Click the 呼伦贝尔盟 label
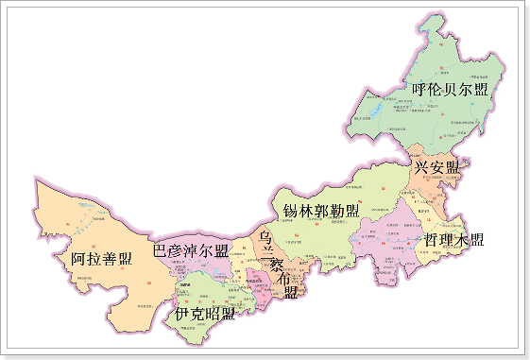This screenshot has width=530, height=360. coord(451,90)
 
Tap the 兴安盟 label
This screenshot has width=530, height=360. coord(436,167)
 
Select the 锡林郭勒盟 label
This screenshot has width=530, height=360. coord(321,210)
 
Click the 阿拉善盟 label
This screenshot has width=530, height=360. coord(101,257)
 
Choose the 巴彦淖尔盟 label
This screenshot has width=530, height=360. coord(191,250)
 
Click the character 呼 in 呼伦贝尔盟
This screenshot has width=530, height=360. coord(420,90)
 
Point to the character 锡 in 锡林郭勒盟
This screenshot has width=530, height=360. coord(291,210)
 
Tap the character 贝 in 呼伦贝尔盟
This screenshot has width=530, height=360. coord(451,90)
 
